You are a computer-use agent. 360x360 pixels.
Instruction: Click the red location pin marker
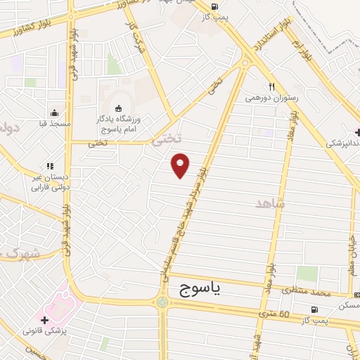tap(181, 165)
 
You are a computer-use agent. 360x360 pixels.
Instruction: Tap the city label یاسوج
tap(196, 290)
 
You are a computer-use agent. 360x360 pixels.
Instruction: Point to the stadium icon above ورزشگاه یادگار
tap(118, 108)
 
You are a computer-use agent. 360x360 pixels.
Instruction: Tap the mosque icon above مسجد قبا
tap(54, 112)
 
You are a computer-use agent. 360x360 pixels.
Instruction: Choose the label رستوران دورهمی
tap(269, 99)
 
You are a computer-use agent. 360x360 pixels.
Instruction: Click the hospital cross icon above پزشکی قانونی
tap(44, 320)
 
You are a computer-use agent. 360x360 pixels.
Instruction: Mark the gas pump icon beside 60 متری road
tap(314, 309)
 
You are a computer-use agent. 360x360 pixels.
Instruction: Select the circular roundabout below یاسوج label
tap(163, 302)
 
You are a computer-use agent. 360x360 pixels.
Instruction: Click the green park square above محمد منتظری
tap(307, 273)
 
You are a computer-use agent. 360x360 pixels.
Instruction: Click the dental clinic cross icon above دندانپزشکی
tap(359, 131)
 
